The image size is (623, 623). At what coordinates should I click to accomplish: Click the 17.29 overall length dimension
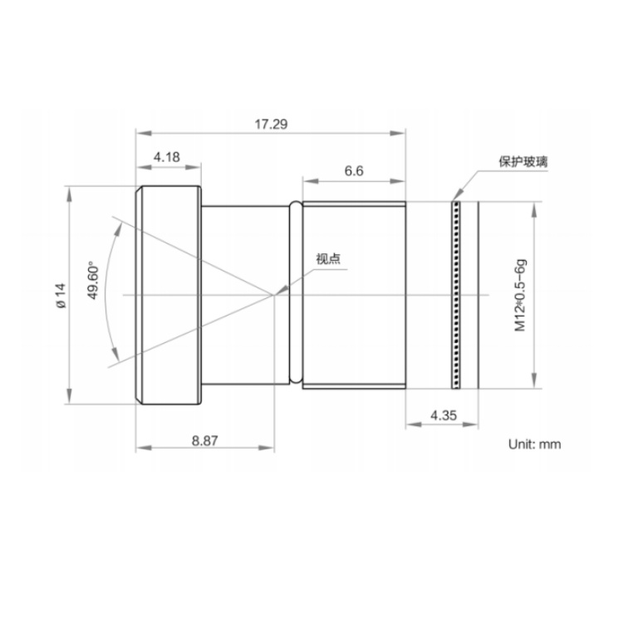(x=271, y=125)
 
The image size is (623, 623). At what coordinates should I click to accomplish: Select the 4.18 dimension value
(x=167, y=157)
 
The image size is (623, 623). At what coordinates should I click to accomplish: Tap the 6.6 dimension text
(x=354, y=171)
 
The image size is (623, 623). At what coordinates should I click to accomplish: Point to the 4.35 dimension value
(x=444, y=415)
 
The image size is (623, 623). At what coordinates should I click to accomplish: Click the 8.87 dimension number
(x=205, y=440)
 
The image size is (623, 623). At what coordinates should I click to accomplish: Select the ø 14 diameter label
(x=61, y=296)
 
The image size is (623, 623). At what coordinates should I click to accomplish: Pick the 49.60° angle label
(x=93, y=280)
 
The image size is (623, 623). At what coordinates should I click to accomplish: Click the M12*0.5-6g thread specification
(x=521, y=295)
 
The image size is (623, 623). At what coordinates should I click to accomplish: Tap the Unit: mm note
(x=534, y=444)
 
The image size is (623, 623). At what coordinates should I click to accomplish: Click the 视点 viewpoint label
(x=328, y=259)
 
